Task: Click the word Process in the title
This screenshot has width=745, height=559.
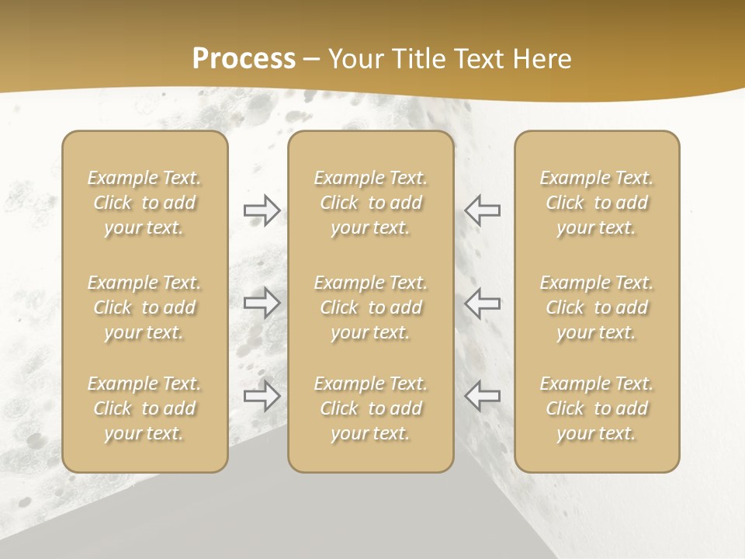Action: pyautogui.click(x=244, y=59)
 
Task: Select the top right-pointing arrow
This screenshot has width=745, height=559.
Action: pyautogui.click(x=262, y=210)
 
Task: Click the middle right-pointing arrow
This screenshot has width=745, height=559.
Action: pyautogui.click(x=262, y=303)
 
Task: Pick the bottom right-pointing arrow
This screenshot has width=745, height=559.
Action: pyautogui.click(x=262, y=395)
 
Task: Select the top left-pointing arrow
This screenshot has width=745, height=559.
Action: pyautogui.click(x=482, y=210)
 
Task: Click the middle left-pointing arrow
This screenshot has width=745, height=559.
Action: pyautogui.click(x=482, y=303)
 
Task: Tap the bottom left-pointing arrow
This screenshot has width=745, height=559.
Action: pyautogui.click(x=482, y=395)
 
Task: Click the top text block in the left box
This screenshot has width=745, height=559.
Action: pyautogui.click(x=144, y=203)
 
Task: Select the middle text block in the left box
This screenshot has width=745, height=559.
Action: pyautogui.click(x=144, y=307)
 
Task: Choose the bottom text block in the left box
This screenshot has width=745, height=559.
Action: pyautogui.click(x=144, y=408)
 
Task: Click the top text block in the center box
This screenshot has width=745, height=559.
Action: pyautogui.click(x=370, y=203)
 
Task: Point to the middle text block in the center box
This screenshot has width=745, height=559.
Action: pyautogui.click(x=370, y=307)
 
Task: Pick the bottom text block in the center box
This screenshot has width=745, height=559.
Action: pyautogui.click(x=370, y=408)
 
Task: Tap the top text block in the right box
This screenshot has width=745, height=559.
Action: pyautogui.click(x=596, y=203)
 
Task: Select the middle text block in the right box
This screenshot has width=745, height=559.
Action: pyautogui.click(x=596, y=307)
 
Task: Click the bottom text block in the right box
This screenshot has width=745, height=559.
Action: pyautogui.click(x=596, y=408)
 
